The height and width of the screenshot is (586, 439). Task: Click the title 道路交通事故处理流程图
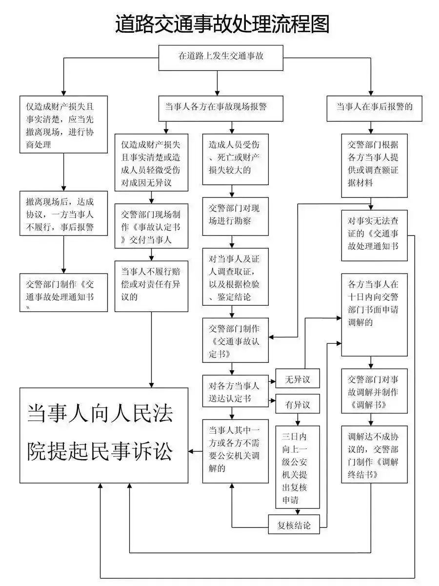point(222,23)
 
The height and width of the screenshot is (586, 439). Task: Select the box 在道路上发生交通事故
point(221,56)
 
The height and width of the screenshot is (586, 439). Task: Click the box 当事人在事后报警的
point(374,106)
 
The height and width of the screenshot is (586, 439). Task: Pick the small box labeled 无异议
point(298,378)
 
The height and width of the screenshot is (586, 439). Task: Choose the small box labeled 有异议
point(298,404)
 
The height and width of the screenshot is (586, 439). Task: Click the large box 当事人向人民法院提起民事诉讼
point(104,434)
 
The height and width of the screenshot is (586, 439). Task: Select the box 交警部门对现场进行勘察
point(236,214)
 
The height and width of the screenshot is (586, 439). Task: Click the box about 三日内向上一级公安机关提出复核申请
point(298,467)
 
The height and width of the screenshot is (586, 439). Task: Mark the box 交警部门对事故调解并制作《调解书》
point(374,392)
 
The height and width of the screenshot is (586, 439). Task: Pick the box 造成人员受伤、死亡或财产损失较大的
point(236,158)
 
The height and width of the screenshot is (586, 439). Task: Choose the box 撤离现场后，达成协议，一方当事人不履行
point(63,213)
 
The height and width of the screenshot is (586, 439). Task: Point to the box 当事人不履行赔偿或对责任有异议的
point(151,286)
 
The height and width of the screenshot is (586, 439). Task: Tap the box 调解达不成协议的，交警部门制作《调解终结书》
point(374,454)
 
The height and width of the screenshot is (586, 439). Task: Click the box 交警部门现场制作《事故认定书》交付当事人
point(151,227)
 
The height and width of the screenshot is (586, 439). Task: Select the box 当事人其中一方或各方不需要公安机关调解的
point(236,451)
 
